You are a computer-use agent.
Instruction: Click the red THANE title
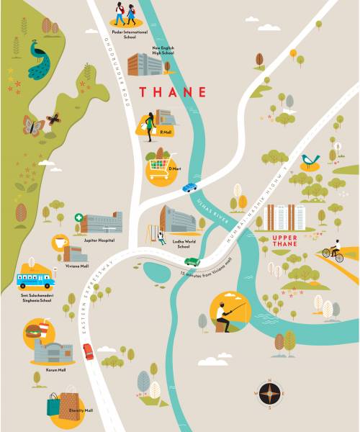(173, 92)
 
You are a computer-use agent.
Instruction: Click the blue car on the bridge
(189, 187)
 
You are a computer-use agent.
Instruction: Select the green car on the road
(192, 261)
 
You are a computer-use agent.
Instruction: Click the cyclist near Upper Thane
(331, 252)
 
